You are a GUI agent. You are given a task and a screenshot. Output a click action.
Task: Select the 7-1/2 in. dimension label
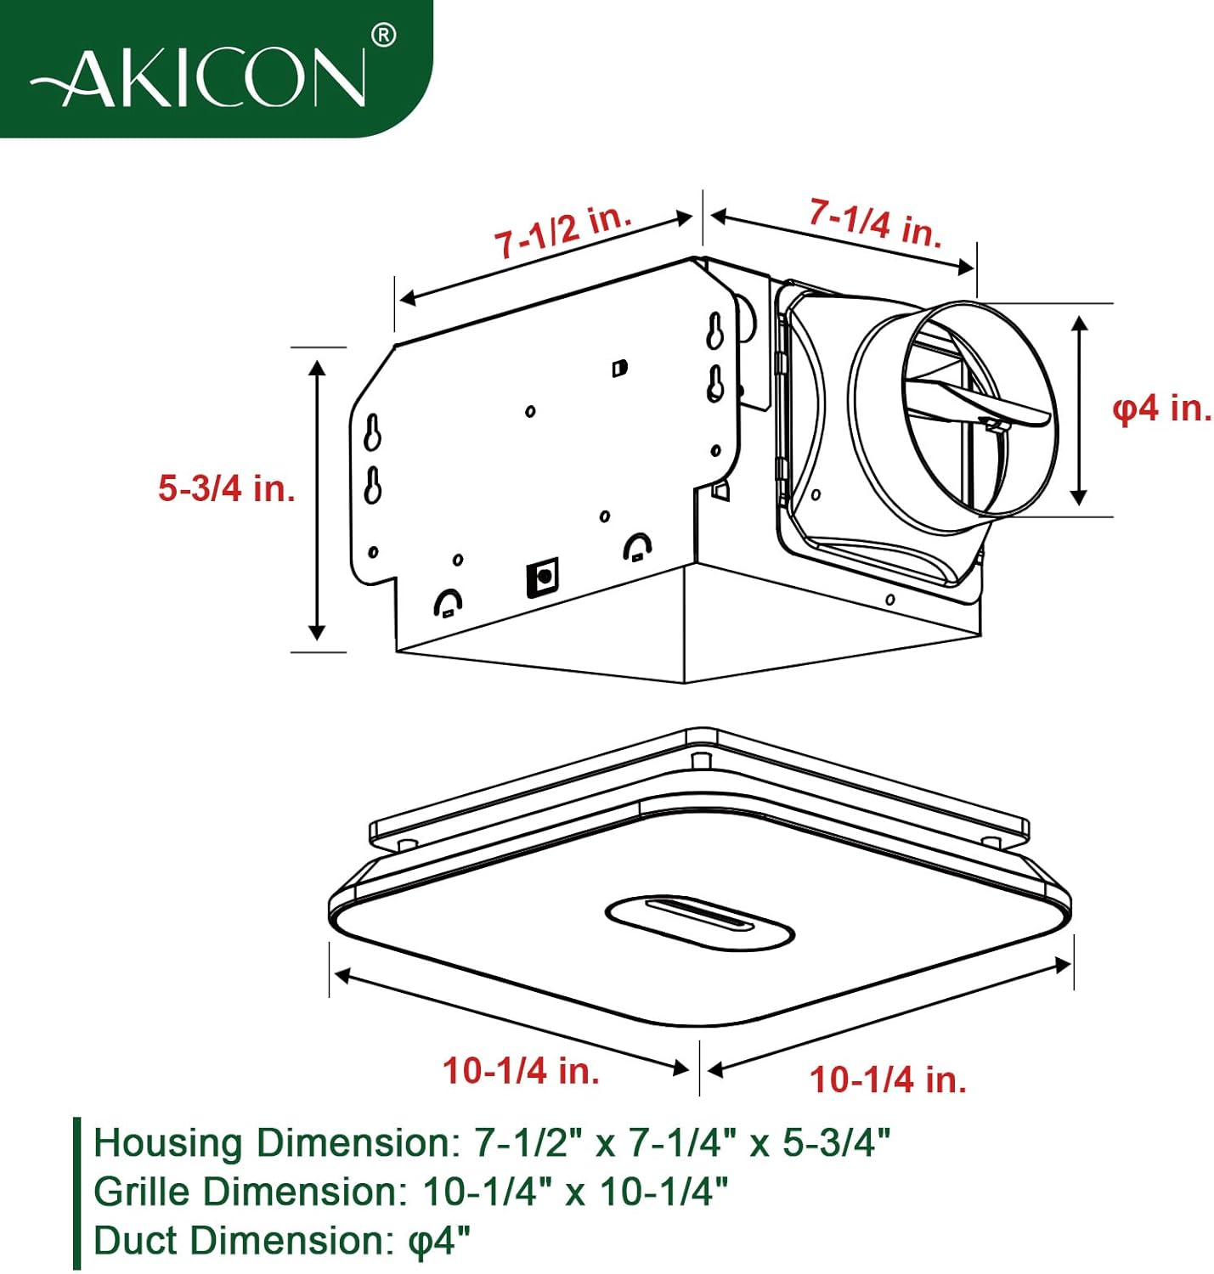click(x=563, y=230)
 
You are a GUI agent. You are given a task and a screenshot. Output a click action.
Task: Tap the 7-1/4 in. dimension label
click(x=875, y=223)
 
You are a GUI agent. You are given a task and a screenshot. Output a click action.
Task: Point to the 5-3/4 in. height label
click(x=227, y=488)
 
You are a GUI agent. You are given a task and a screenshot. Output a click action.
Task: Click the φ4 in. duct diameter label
click(x=1161, y=409)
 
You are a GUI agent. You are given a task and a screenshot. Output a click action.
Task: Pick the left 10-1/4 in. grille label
click(x=521, y=1070)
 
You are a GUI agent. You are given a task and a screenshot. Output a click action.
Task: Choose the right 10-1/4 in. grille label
click(x=888, y=1080)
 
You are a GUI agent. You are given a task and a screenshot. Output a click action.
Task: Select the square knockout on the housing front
click(x=542, y=578)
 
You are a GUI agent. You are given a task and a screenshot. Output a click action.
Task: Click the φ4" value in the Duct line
click(x=439, y=1240)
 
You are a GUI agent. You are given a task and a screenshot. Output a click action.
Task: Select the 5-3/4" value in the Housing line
click(x=836, y=1142)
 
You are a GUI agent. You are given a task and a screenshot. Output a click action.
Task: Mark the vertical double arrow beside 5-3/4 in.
click(x=318, y=499)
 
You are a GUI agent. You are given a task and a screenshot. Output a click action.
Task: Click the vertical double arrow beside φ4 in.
click(x=1079, y=409)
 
